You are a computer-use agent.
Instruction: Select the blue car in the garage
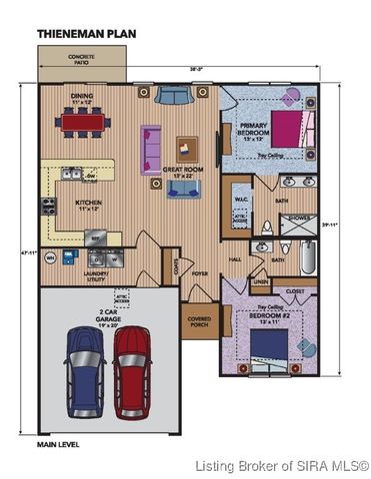(84, 358)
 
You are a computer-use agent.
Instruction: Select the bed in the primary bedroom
(281, 129)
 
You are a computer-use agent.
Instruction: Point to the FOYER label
(200, 272)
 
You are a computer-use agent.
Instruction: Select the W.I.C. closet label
(240, 199)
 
